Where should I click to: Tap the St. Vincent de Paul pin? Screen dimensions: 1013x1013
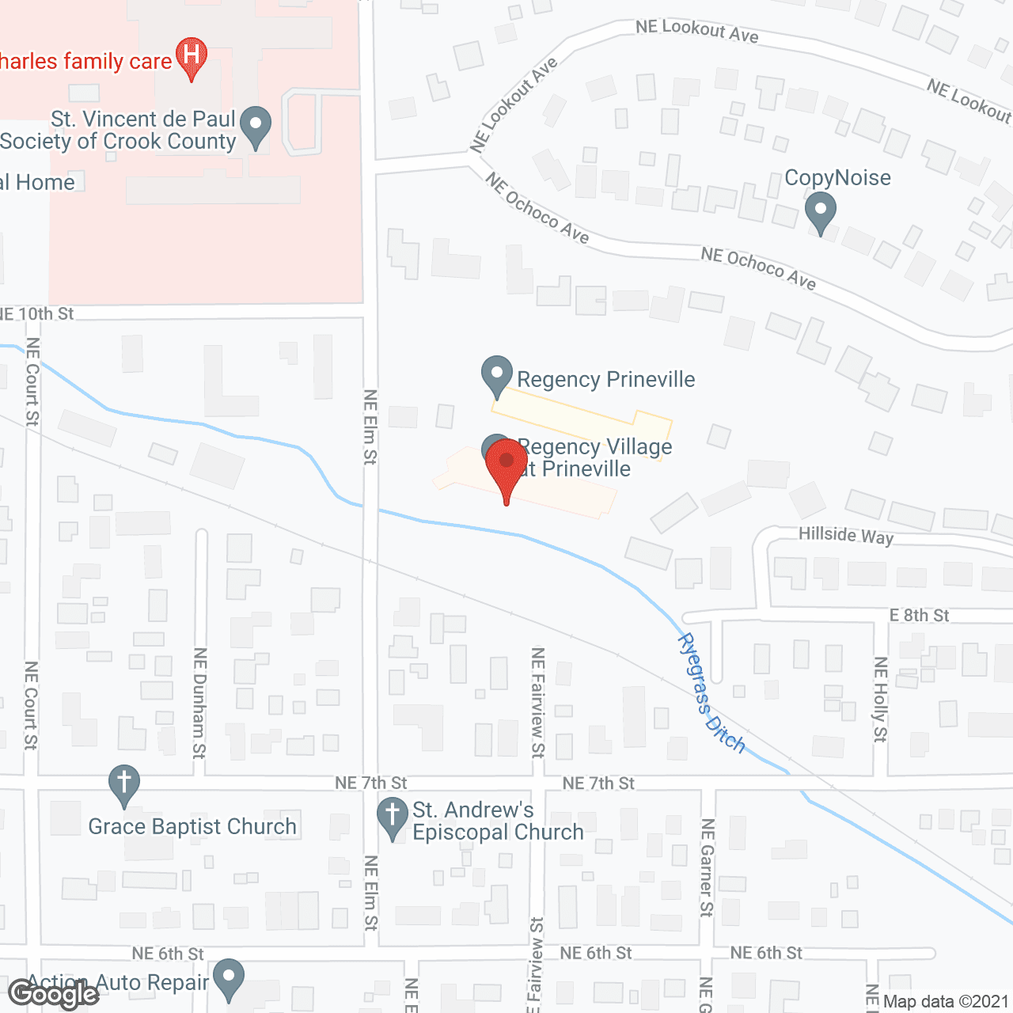point(255,127)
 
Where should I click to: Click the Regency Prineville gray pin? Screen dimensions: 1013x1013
point(497,376)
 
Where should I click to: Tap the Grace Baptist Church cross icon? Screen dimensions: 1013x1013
point(123,784)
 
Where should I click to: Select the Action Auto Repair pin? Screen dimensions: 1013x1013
point(229,979)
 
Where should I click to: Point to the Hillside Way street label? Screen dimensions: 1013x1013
point(845,535)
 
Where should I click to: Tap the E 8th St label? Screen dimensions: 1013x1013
point(919,615)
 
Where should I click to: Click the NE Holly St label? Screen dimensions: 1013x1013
point(880,700)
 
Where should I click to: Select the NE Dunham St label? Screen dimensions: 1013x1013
point(199,703)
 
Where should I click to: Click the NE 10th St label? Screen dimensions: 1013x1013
point(37,313)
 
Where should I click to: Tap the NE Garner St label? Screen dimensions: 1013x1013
point(707,867)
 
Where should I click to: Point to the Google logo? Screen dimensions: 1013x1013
point(53,994)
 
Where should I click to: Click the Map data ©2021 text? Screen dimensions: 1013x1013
point(946,1002)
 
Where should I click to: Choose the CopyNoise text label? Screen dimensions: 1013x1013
point(837,177)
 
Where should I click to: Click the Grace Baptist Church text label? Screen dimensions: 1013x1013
point(192,826)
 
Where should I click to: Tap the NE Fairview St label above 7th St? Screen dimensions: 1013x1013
point(537,703)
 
